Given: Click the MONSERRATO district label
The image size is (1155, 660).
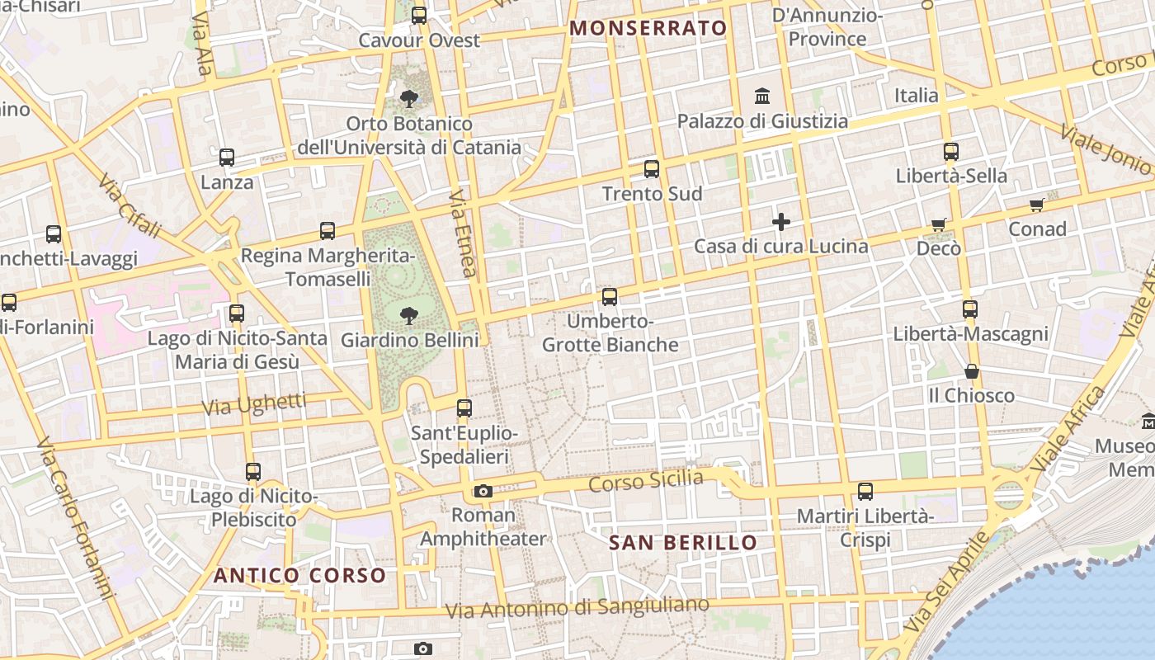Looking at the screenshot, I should pos(648,28).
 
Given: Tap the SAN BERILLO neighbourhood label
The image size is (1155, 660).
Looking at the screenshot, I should pos(683,542).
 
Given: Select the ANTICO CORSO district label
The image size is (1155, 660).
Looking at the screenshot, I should pos(299,575).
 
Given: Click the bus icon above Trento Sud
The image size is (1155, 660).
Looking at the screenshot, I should pos(652,169).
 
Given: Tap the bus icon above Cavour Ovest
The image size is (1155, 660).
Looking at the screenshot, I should pos(419,15).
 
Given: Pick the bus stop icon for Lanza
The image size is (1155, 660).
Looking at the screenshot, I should pos(227,157).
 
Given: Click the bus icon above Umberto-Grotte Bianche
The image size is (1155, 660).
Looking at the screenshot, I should pos(610,296).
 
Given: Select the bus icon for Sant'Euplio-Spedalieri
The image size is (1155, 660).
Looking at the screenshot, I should pos(464,408).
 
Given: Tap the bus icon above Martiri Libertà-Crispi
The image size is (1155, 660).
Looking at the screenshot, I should pos(865,492).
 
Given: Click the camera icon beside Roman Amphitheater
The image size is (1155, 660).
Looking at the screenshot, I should pos(483,492).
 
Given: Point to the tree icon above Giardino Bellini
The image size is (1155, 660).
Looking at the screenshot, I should pos(408,314).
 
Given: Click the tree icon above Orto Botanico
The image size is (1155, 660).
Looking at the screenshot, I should pos(408,99).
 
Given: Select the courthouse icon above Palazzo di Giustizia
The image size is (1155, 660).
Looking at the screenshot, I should pos(762,96).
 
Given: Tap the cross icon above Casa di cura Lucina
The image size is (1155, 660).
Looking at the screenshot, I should pos(780,222).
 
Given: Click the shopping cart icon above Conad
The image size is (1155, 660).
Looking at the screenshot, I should pos(1037,205).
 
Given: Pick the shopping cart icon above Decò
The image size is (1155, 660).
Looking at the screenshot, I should pos(939,224).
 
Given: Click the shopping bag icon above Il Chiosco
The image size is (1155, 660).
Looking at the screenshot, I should pos(972,371).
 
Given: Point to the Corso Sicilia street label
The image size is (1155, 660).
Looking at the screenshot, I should pos(646,479).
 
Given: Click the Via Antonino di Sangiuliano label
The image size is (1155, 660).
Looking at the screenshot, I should pos(577,608).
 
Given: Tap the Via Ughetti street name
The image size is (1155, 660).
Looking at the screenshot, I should pos(254,404).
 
